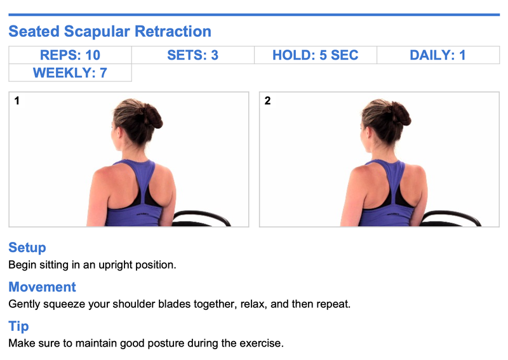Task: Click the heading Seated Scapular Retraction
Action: pyautogui.click(x=110, y=32)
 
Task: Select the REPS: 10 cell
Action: pyautogui.click(x=70, y=55)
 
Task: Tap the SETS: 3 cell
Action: pyautogui.click(x=193, y=55)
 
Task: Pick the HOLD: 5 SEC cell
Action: pyautogui.click(x=316, y=55)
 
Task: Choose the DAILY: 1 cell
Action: pyautogui.click(x=438, y=55)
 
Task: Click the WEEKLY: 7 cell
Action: pyautogui.click(x=70, y=72)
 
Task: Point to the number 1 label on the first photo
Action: pyautogui.click(x=17, y=101)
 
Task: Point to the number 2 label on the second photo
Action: pyautogui.click(x=267, y=101)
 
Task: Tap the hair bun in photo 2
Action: pyautogui.click(x=400, y=114)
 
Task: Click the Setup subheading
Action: pyautogui.click(x=27, y=248)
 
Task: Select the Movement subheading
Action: pyautogui.click(x=42, y=287)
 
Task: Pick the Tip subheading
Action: pyautogui.click(x=18, y=326)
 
